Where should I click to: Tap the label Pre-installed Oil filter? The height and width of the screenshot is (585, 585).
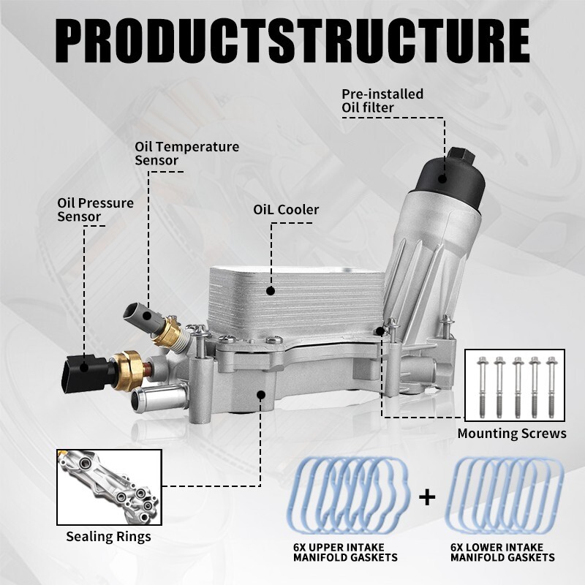(x=382, y=101)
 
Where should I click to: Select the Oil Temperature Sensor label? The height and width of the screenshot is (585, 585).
(x=186, y=153)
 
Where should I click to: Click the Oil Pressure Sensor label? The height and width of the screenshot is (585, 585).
(x=95, y=209)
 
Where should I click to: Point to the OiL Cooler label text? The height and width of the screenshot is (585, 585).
(x=286, y=210)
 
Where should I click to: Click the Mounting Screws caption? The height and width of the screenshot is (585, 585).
(x=512, y=434)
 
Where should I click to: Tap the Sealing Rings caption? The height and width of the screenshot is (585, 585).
(x=108, y=536)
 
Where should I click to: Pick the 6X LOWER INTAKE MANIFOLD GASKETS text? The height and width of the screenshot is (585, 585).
(x=502, y=552)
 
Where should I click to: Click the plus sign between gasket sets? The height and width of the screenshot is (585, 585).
(x=426, y=498)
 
